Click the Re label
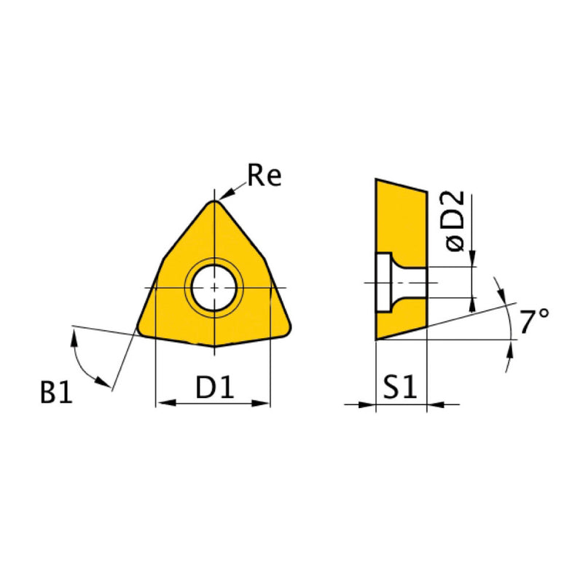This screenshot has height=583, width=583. coord(264,176)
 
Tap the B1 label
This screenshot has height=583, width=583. coord(57,394)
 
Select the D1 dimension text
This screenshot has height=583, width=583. coord(214,388)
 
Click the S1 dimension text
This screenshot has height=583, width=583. coord(400,388)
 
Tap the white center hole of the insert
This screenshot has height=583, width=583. coord(214,288)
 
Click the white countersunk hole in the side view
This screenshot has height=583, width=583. coord(394,283)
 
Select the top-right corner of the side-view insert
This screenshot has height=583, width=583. coord(426,192)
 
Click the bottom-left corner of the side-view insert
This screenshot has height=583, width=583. coord(377,338)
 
